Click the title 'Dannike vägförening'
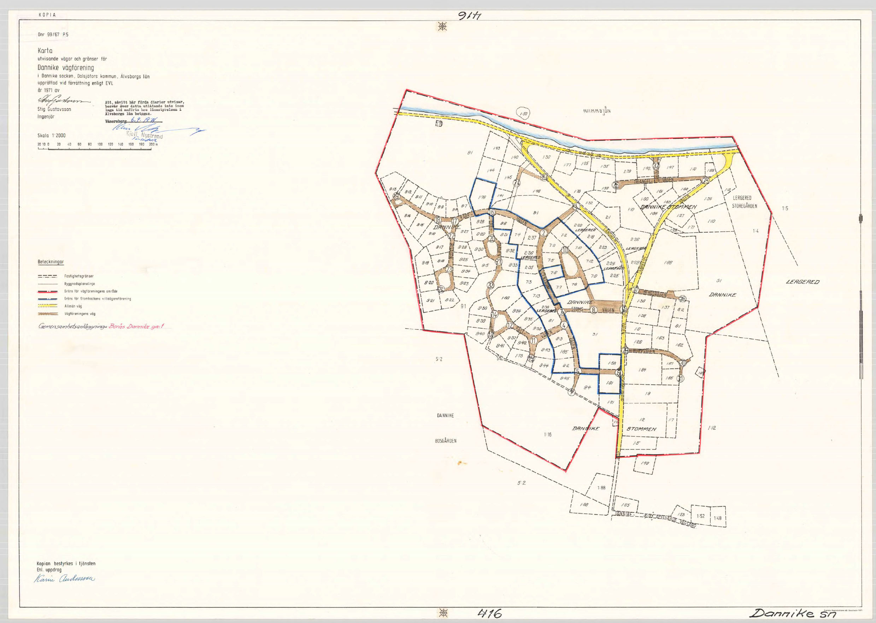pos(66,68)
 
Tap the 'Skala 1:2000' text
pos(52,135)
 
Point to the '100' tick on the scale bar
pos(100,144)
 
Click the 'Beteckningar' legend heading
pos(51,262)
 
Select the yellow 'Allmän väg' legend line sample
pos(48,306)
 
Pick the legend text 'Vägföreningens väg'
pos(80,314)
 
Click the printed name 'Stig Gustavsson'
pos(54,109)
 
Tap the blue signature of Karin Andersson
pos(65,579)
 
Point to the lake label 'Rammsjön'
pos(596,111)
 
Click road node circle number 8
pos(594,310)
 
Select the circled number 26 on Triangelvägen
pos(616,185)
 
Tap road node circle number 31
pos(681,379)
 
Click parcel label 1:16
pos(547,435)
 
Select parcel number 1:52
pos(701,516)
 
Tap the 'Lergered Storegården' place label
pos(744,202)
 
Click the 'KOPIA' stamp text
pos(47,15)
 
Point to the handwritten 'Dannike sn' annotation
pos(789,613)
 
